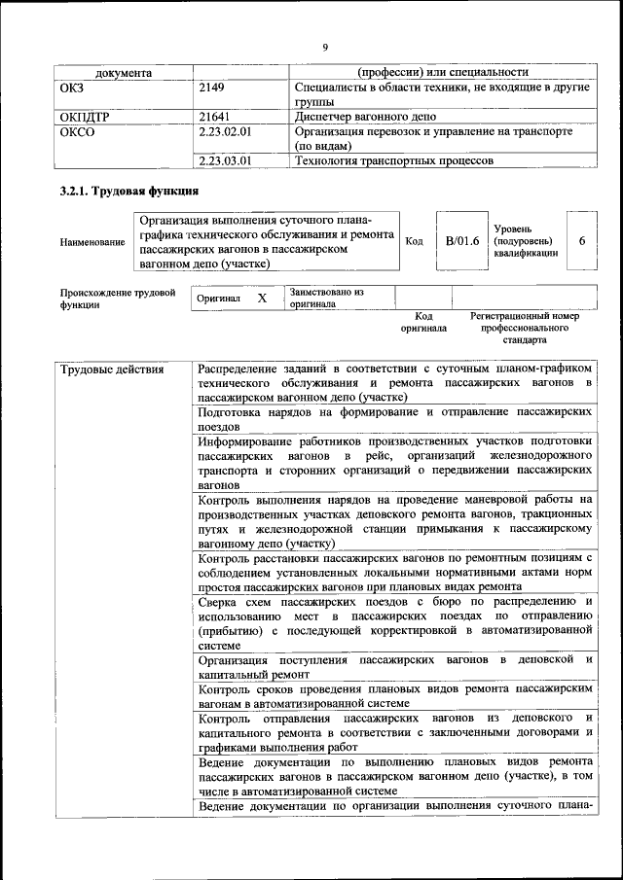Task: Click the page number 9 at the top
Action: tap(325, 46)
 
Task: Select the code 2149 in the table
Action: tap(211, 88)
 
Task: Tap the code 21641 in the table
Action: tap(214, 115)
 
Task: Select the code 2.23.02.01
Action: tap(225, 130)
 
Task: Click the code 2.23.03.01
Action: tap(225, 160)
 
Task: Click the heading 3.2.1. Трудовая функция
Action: tap(129, 192)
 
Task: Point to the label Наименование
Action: tap(92, 242)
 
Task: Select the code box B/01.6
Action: tap(462, 240)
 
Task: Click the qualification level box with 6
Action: tap(581, 240)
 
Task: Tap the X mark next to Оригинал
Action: tap(262, 299)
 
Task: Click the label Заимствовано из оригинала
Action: tap(325, 298)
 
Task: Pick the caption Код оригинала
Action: tap(423, 322)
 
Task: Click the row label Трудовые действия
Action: tap(112, 370)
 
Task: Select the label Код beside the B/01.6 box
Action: tap(414, 241)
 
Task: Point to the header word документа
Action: tap(124, 72)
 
